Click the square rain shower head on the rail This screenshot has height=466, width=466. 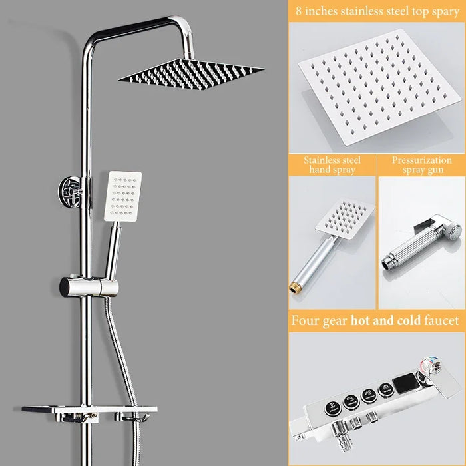pos(191,75)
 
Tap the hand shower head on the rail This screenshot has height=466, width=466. pos(122,196)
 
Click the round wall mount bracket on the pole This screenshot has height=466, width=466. pos(71,191)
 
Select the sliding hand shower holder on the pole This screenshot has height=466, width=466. pos(89,287)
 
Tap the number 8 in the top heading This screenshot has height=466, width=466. pos(298,11)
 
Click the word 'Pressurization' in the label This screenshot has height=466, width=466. pos(421,160)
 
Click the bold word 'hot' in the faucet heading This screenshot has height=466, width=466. pos(361,320)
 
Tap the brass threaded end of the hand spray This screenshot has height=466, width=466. pos(294,288)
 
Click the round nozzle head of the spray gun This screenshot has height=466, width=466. pos(454,232)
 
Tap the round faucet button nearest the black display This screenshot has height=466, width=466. pos(383,390)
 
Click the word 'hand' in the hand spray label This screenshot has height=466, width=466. pos(318,170)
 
